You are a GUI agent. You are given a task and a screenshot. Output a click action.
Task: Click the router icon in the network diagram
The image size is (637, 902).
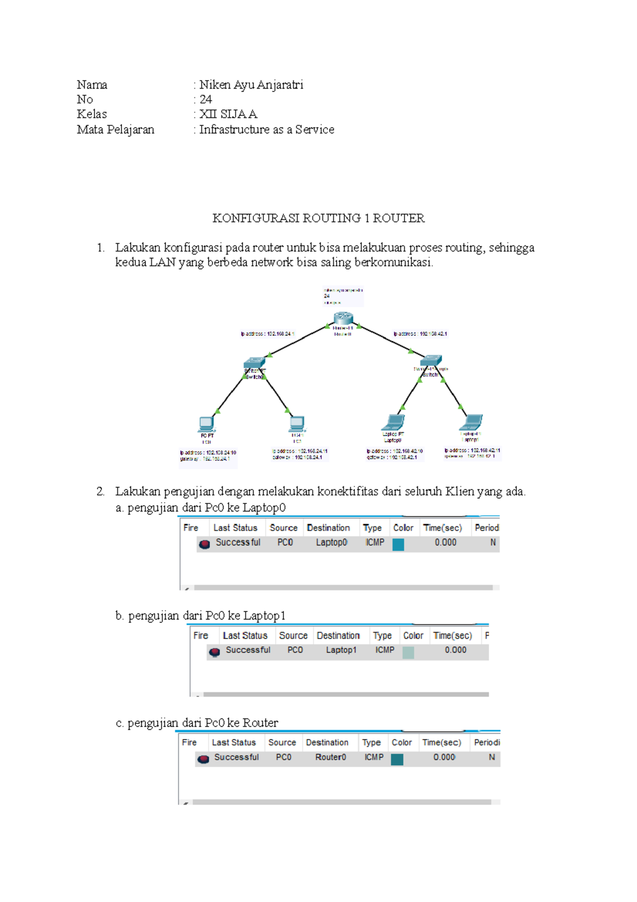[343, 318]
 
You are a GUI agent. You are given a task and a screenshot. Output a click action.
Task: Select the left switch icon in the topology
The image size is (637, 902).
[254, 363]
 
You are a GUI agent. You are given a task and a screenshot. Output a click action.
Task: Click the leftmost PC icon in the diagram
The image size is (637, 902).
[206, 424]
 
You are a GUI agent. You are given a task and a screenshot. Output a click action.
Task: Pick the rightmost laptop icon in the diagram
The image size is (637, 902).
[471, 422]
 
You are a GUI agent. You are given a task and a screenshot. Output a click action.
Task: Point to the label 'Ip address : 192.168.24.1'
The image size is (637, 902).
[267, 334]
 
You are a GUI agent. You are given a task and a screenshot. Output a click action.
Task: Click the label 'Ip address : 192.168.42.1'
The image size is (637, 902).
[420, 334]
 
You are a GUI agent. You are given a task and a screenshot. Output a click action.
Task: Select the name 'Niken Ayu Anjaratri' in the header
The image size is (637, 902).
[251, 85]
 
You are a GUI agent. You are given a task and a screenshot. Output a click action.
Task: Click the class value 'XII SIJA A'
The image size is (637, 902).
[228, 114]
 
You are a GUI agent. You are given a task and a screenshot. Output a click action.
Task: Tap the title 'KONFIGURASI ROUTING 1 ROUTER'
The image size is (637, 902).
[318, 218]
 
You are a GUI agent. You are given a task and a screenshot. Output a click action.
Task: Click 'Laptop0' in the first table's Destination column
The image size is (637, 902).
[332, 542]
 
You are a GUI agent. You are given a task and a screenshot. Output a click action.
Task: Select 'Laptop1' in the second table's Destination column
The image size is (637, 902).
[341, 650]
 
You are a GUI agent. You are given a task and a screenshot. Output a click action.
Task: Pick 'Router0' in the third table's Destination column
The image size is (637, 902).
[331, 758]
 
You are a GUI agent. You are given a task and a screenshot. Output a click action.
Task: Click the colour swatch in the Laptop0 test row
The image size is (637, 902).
[398, 544]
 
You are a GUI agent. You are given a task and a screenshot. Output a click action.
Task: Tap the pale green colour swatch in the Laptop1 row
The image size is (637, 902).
[408, 652]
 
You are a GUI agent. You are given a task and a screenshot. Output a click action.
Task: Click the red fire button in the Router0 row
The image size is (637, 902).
[203, 759]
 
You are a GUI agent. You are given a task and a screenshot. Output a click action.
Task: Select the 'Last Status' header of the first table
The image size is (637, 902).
[235, 528]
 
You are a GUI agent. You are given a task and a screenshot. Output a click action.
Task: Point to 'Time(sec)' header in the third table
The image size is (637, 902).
[442, 743]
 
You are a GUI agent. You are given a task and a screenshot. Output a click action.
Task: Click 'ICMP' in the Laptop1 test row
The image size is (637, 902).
[385, 650]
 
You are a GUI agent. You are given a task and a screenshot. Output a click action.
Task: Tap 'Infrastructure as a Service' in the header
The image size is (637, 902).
[266, 130]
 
